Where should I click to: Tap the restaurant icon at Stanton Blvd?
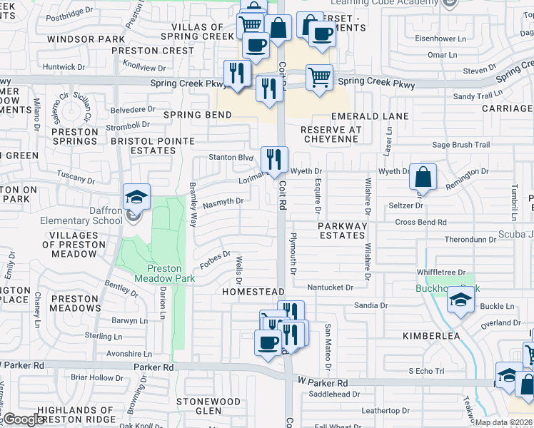[x=274, y=160]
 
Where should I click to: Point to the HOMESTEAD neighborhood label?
[x=253, y=292]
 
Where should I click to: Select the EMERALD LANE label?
[x=370, y=116]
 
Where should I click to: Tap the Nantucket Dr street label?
[x=330, y=287]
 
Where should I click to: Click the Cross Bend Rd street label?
[x=420, y=223]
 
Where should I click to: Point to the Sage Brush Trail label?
[x=460, y=145]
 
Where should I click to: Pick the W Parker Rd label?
[x=323, y=383]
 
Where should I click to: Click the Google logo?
[x=24, y=419]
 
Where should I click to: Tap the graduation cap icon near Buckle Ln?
[x=460, y=302]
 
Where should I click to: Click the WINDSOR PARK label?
[x=79, y=39]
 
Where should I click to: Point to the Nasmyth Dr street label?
[x=223, y=202]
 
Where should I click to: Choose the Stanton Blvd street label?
[x=231, y=157]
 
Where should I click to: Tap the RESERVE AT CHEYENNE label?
[x=331, y=134]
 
